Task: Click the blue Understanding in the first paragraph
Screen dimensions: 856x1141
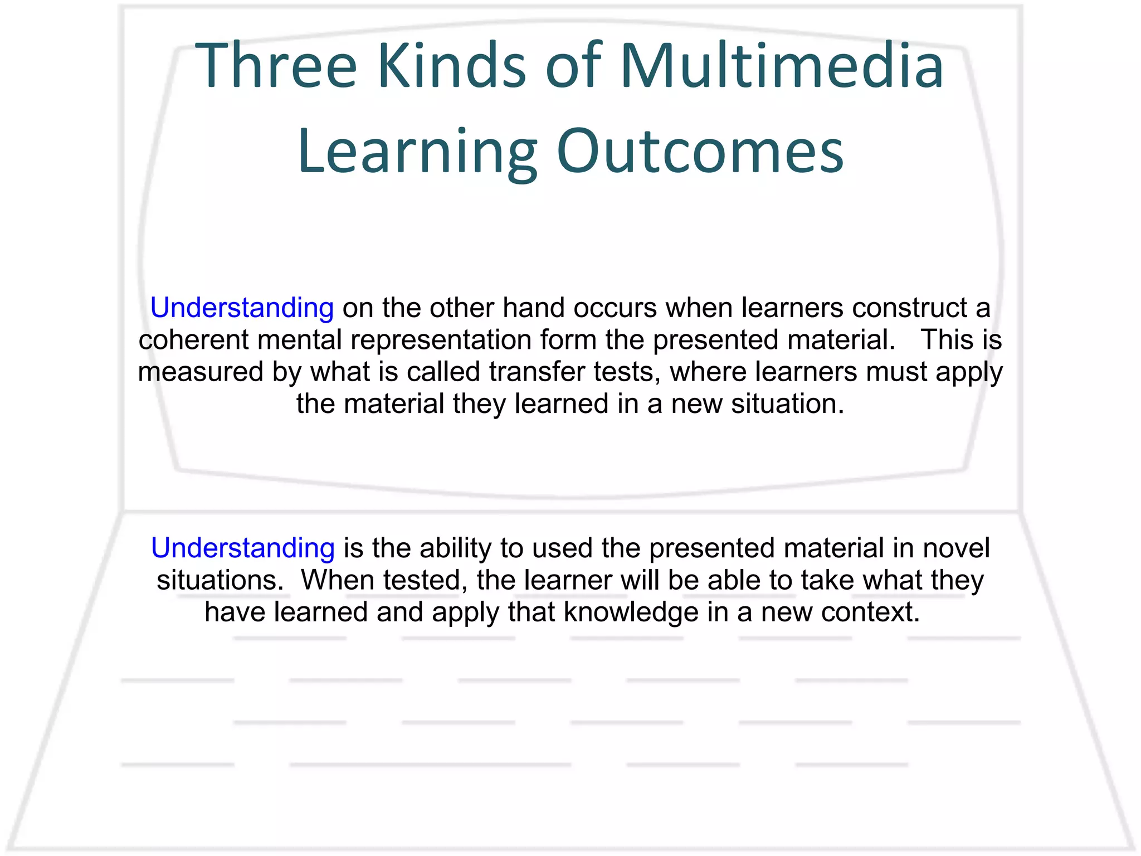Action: click(x=242, y=308)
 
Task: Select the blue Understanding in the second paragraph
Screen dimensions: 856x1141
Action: click(x=242, y=548)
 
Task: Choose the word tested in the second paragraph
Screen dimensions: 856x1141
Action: click(x=424, y=580)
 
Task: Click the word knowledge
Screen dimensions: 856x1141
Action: click(x=631, y=612)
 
